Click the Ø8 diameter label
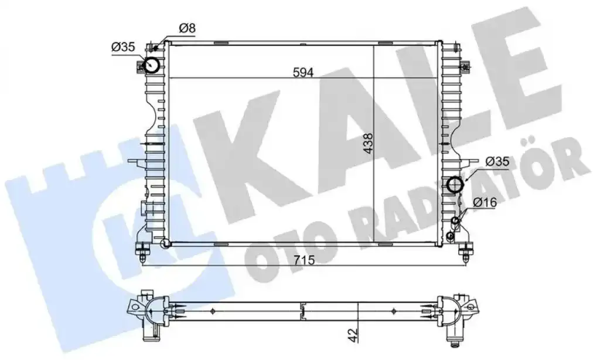point(187,28)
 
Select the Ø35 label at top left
point(123,47)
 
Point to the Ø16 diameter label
point(485,202)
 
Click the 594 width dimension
point(303,72)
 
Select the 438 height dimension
point(368,143)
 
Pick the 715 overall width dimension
point(304,260)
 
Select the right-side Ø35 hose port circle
point(455,184)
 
